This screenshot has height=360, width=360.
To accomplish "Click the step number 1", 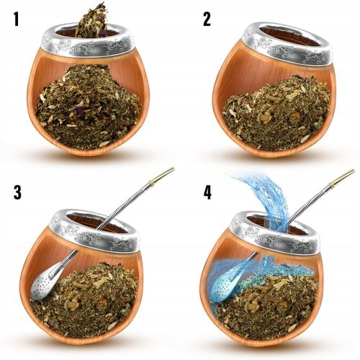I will (x=16, y=19).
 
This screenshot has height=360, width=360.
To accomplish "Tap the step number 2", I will (x=207, y=19).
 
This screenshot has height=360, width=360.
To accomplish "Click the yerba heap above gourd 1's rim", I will (x=91, y=21).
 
